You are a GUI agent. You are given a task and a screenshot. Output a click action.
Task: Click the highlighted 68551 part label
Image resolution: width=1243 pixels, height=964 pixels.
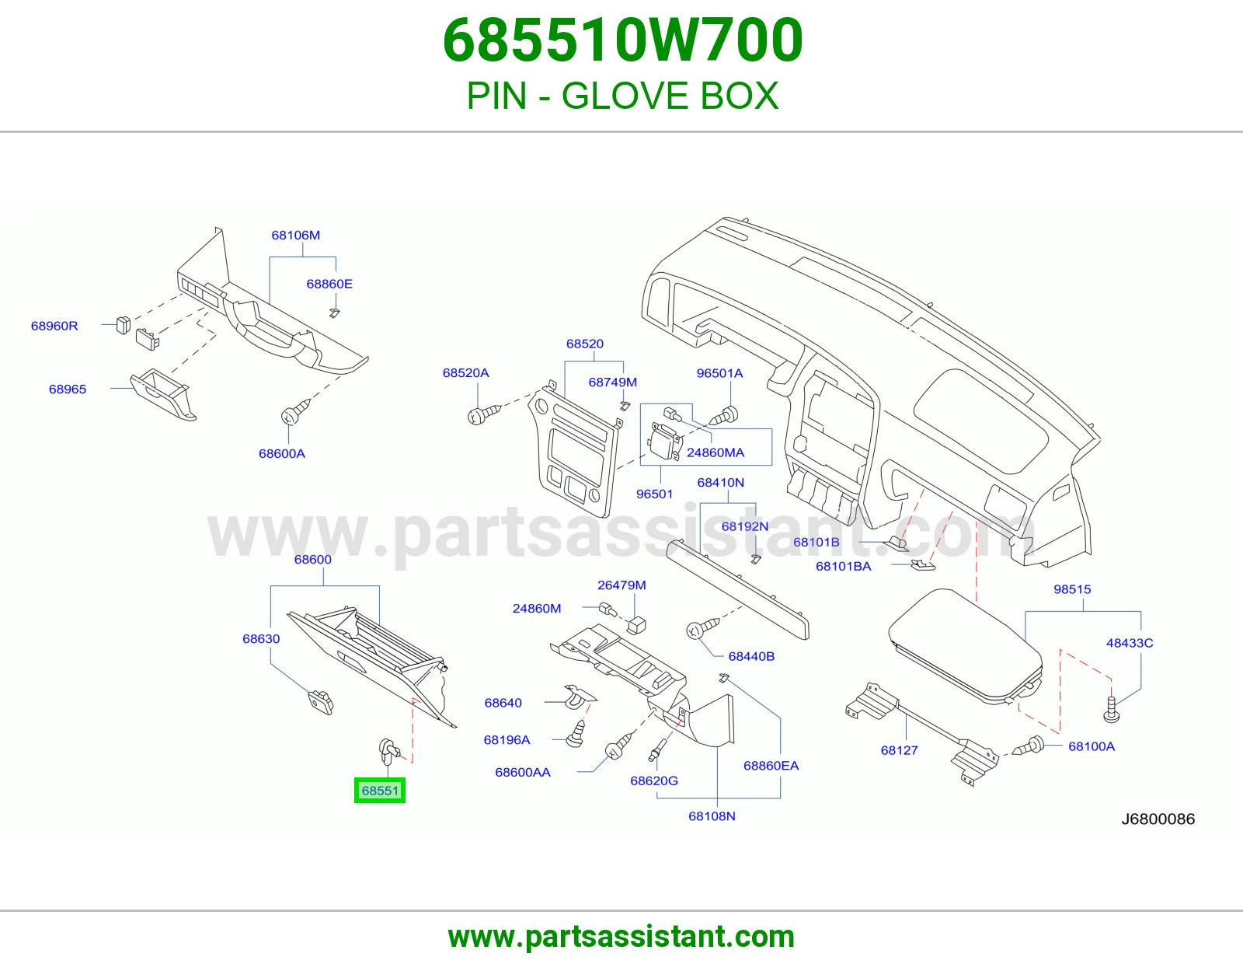pos(380,791)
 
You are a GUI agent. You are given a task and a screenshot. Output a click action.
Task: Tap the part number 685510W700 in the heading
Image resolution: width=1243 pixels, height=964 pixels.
pos(623,40)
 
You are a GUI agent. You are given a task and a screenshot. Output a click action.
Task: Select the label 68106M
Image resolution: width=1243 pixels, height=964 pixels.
pos(296,236)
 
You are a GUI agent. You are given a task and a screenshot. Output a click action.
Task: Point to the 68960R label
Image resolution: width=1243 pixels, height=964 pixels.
pos(54,326)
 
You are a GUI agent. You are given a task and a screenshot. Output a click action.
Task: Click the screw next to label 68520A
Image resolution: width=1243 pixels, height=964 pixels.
pos(484,414)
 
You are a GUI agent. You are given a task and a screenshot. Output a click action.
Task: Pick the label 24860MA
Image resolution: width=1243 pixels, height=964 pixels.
pos(716,452)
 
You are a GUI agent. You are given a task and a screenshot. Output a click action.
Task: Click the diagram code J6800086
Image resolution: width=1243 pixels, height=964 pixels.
pos(1158,819)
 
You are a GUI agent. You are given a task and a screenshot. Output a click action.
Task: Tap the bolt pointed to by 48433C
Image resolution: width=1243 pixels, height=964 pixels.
pos(1111,709)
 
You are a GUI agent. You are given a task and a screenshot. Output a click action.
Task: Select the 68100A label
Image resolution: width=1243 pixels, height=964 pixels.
pos(1092,746)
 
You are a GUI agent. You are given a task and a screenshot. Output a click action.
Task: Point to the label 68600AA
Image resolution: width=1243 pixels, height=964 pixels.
pos(523,772)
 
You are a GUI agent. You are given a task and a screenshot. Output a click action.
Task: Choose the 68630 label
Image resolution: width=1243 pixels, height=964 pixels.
pos(261,639)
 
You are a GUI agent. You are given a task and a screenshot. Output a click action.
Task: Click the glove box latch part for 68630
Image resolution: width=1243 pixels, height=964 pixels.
pos(320,702)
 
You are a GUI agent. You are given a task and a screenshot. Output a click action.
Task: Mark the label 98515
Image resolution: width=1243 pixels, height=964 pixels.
pos(1073,589)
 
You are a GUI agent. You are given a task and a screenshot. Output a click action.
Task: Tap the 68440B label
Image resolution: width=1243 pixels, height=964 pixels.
pos(752,656)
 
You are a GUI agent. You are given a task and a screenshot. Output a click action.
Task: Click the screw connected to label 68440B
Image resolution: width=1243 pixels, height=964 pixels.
pos(702,628)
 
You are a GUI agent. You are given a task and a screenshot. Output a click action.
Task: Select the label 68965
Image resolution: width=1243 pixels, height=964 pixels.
pos(68,389)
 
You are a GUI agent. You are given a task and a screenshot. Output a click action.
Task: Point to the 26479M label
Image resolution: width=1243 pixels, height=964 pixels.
pos(621,585)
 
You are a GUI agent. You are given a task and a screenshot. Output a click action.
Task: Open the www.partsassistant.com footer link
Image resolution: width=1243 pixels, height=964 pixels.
pos(621,937)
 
